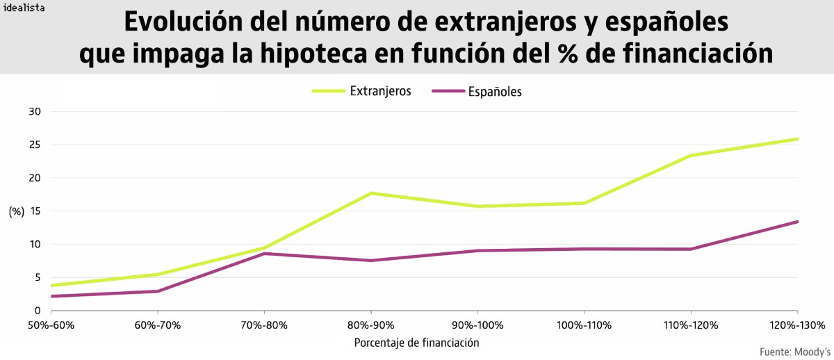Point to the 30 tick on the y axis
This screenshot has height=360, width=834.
pyautogui.click(x=35, y=112)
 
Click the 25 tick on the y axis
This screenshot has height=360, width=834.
pyautogui.click(x=35, y=145)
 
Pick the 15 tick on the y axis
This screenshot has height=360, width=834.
pyautogui.click(x=35, y=211)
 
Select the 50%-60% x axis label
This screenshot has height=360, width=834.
pyautogui.click(x=51, y=325)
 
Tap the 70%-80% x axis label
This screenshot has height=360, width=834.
pyautogui.click(x=264, y=325)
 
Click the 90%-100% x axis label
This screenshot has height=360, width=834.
pyautogui.click(x=477, y=325)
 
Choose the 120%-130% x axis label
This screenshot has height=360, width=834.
pyautogui.click(x=797, y=325)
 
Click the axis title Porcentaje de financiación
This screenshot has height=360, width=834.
pyautogui.click(x=416, y=343)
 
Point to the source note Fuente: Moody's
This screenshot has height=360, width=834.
pyautogui.click(x=795, y=351)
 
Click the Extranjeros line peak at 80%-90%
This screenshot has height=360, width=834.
pyautogui.click(x=371, y=193)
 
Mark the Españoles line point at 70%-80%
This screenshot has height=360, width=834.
pyautogui.click(x=264, y=254)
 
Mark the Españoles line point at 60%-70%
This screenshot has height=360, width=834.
pyautogui.click(x=158, y=291)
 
